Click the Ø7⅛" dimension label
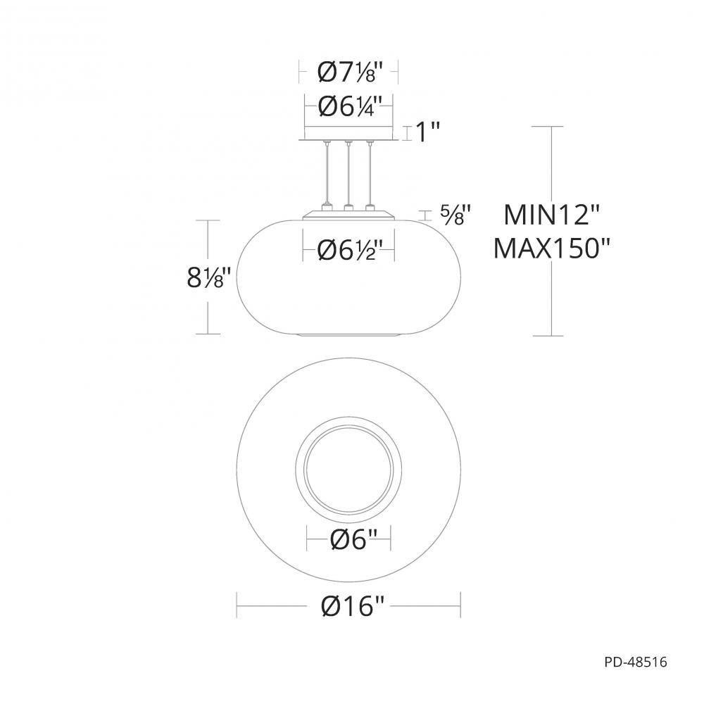350,71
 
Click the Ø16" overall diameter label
350,605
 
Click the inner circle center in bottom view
350,467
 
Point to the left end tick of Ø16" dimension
237,605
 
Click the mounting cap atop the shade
348,214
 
